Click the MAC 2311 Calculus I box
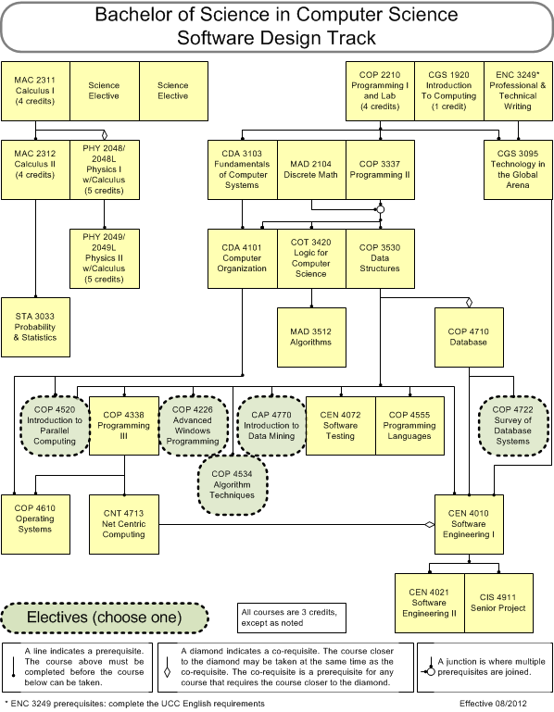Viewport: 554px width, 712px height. [35, 92]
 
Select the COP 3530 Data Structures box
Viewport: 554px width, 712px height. [380, 258]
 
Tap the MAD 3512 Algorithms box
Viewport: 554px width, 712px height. [311, 337]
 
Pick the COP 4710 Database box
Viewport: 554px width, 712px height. [469, 337]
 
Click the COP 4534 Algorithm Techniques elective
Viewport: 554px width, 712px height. [233, 485]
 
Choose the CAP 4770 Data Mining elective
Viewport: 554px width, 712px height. [271, 426]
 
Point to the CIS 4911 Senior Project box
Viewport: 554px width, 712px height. [498, 603]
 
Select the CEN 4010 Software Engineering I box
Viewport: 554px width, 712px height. [469, 524]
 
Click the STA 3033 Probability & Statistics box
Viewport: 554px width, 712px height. [35, 327]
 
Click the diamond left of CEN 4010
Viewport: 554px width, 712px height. [430, 524]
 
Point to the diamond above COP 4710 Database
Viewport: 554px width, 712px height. [469, 303]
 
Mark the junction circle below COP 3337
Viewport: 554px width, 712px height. [381, 209]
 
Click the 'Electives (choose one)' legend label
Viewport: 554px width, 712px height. [104, 618]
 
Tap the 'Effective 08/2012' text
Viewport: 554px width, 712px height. [493, 704]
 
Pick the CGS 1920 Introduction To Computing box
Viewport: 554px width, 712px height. [449, 92]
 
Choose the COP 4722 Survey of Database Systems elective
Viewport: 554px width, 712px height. [513, 426]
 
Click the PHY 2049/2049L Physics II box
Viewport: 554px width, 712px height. [105, 258]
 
